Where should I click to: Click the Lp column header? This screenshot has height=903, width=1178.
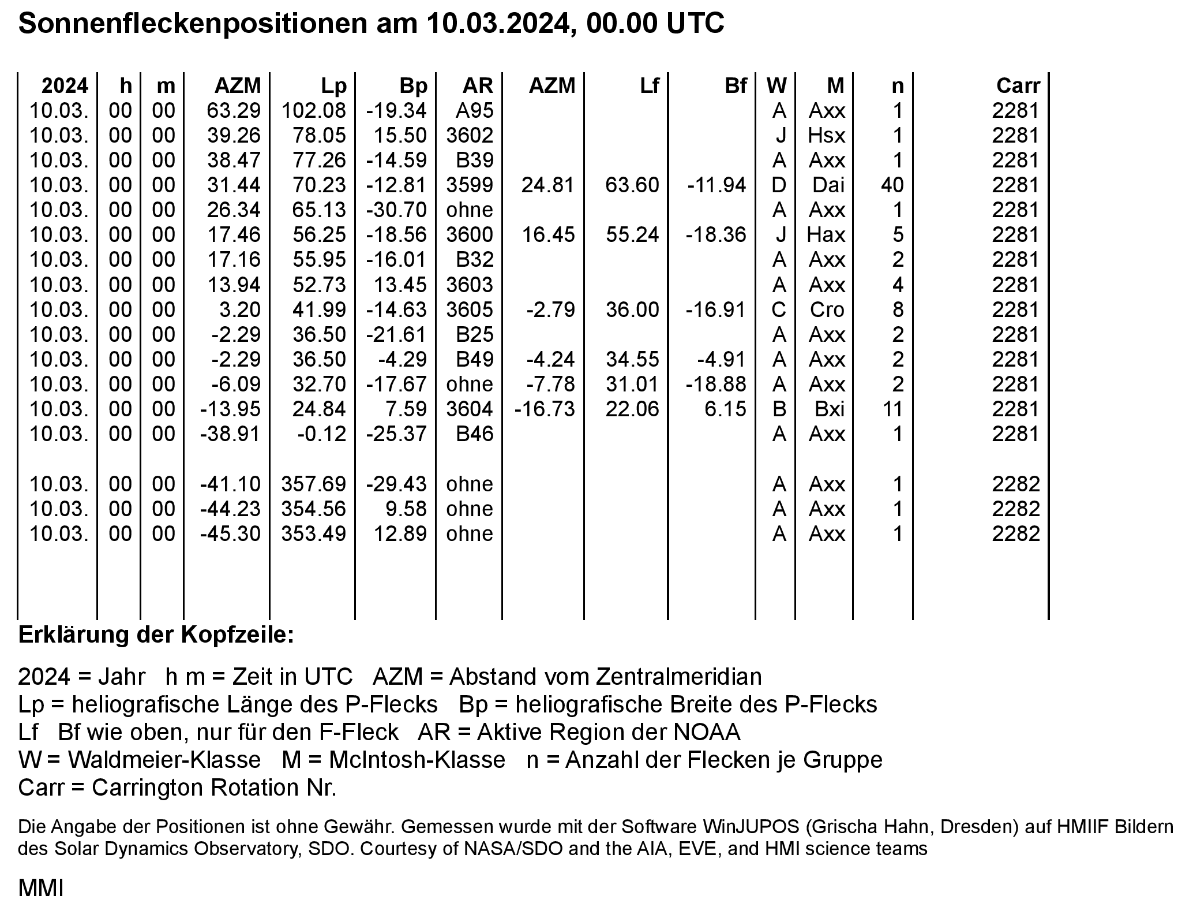(334, 85)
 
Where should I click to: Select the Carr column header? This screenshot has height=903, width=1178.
(1018, 85)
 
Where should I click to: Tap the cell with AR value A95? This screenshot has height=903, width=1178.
(474, 110)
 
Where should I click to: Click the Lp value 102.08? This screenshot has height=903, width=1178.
(314, 110)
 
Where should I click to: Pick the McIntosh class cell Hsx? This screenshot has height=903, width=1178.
(827, 135)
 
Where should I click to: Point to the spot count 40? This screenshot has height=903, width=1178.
(892, 185)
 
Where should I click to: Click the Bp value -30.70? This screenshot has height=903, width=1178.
(397, 210)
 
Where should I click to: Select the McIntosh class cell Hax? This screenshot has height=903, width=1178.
(827, 234)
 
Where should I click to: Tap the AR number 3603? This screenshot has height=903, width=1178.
(470, 285)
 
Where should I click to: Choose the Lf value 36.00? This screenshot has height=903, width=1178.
(632, 309)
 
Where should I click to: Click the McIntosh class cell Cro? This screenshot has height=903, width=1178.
(827, 309)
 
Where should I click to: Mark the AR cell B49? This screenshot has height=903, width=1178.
(474, 359)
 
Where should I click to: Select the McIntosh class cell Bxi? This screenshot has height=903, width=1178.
(829, 409)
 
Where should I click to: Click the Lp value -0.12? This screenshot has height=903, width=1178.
(322, 434)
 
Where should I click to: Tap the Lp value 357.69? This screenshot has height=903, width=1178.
(314, 484)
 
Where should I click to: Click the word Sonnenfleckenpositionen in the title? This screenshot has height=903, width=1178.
(192, 24)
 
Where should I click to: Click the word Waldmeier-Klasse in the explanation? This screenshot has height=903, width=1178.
(164, 760)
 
